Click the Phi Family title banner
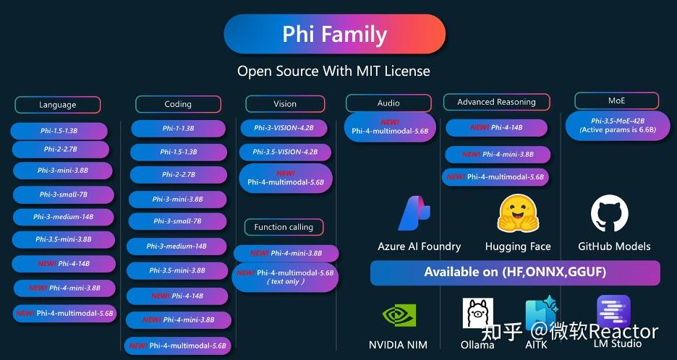[334, 34]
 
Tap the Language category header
[57, 105]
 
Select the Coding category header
[178, 104]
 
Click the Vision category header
[284, 103]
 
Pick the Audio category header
[388, 103]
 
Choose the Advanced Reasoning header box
[496, 102]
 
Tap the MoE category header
[616, 100]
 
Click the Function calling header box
[284, 227]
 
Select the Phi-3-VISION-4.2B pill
[284, 128]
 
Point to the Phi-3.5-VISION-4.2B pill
[284, 153]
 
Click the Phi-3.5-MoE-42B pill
[617, 125]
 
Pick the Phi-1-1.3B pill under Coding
[178, 129]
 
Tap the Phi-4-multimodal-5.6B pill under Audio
[390, 127]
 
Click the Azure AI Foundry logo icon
[415, 213]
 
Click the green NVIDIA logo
[398, 316]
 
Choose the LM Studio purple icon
[613, 312]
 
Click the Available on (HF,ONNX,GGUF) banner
[515, 273]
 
